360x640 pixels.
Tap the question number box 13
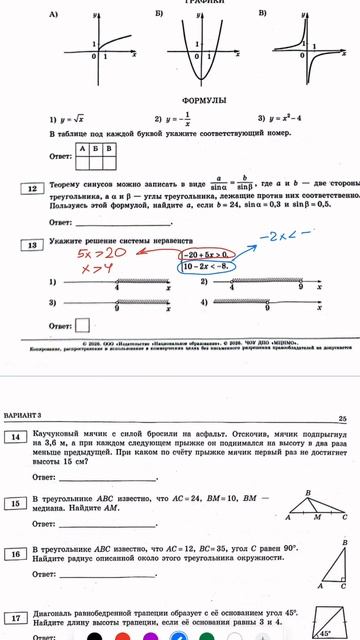32,245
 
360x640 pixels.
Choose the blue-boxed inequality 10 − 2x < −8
208,267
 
